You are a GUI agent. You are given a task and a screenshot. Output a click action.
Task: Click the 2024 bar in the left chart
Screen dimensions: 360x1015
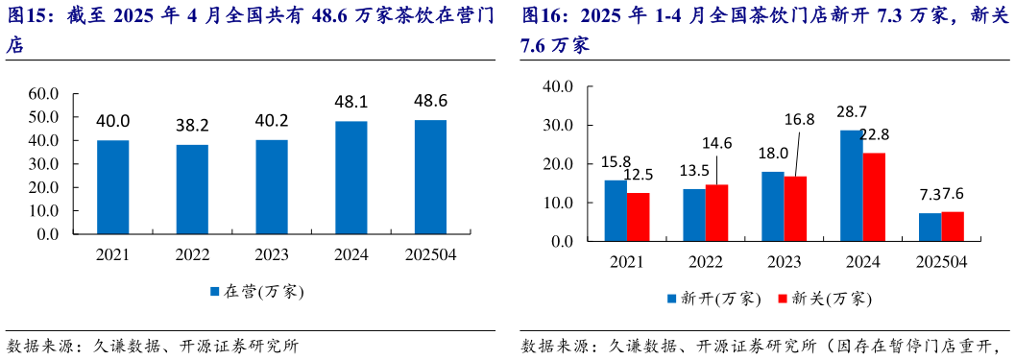pos(350,178)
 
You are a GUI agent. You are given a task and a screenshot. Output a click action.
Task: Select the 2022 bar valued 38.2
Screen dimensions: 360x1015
pos(192,189)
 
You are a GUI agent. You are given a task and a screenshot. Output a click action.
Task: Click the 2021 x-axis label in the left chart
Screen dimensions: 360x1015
pos(113,255)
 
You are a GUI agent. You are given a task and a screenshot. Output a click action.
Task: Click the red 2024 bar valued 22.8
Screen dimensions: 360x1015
pos(873,197)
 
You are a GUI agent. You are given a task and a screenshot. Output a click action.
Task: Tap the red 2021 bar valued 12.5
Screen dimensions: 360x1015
pos(638,217)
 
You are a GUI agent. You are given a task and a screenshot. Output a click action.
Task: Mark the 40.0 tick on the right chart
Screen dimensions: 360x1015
pos(558,86)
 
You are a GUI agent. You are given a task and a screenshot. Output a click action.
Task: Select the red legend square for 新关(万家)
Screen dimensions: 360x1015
pos(783,299)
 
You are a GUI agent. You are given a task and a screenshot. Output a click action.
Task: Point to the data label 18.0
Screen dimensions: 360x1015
pos(773,154)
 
